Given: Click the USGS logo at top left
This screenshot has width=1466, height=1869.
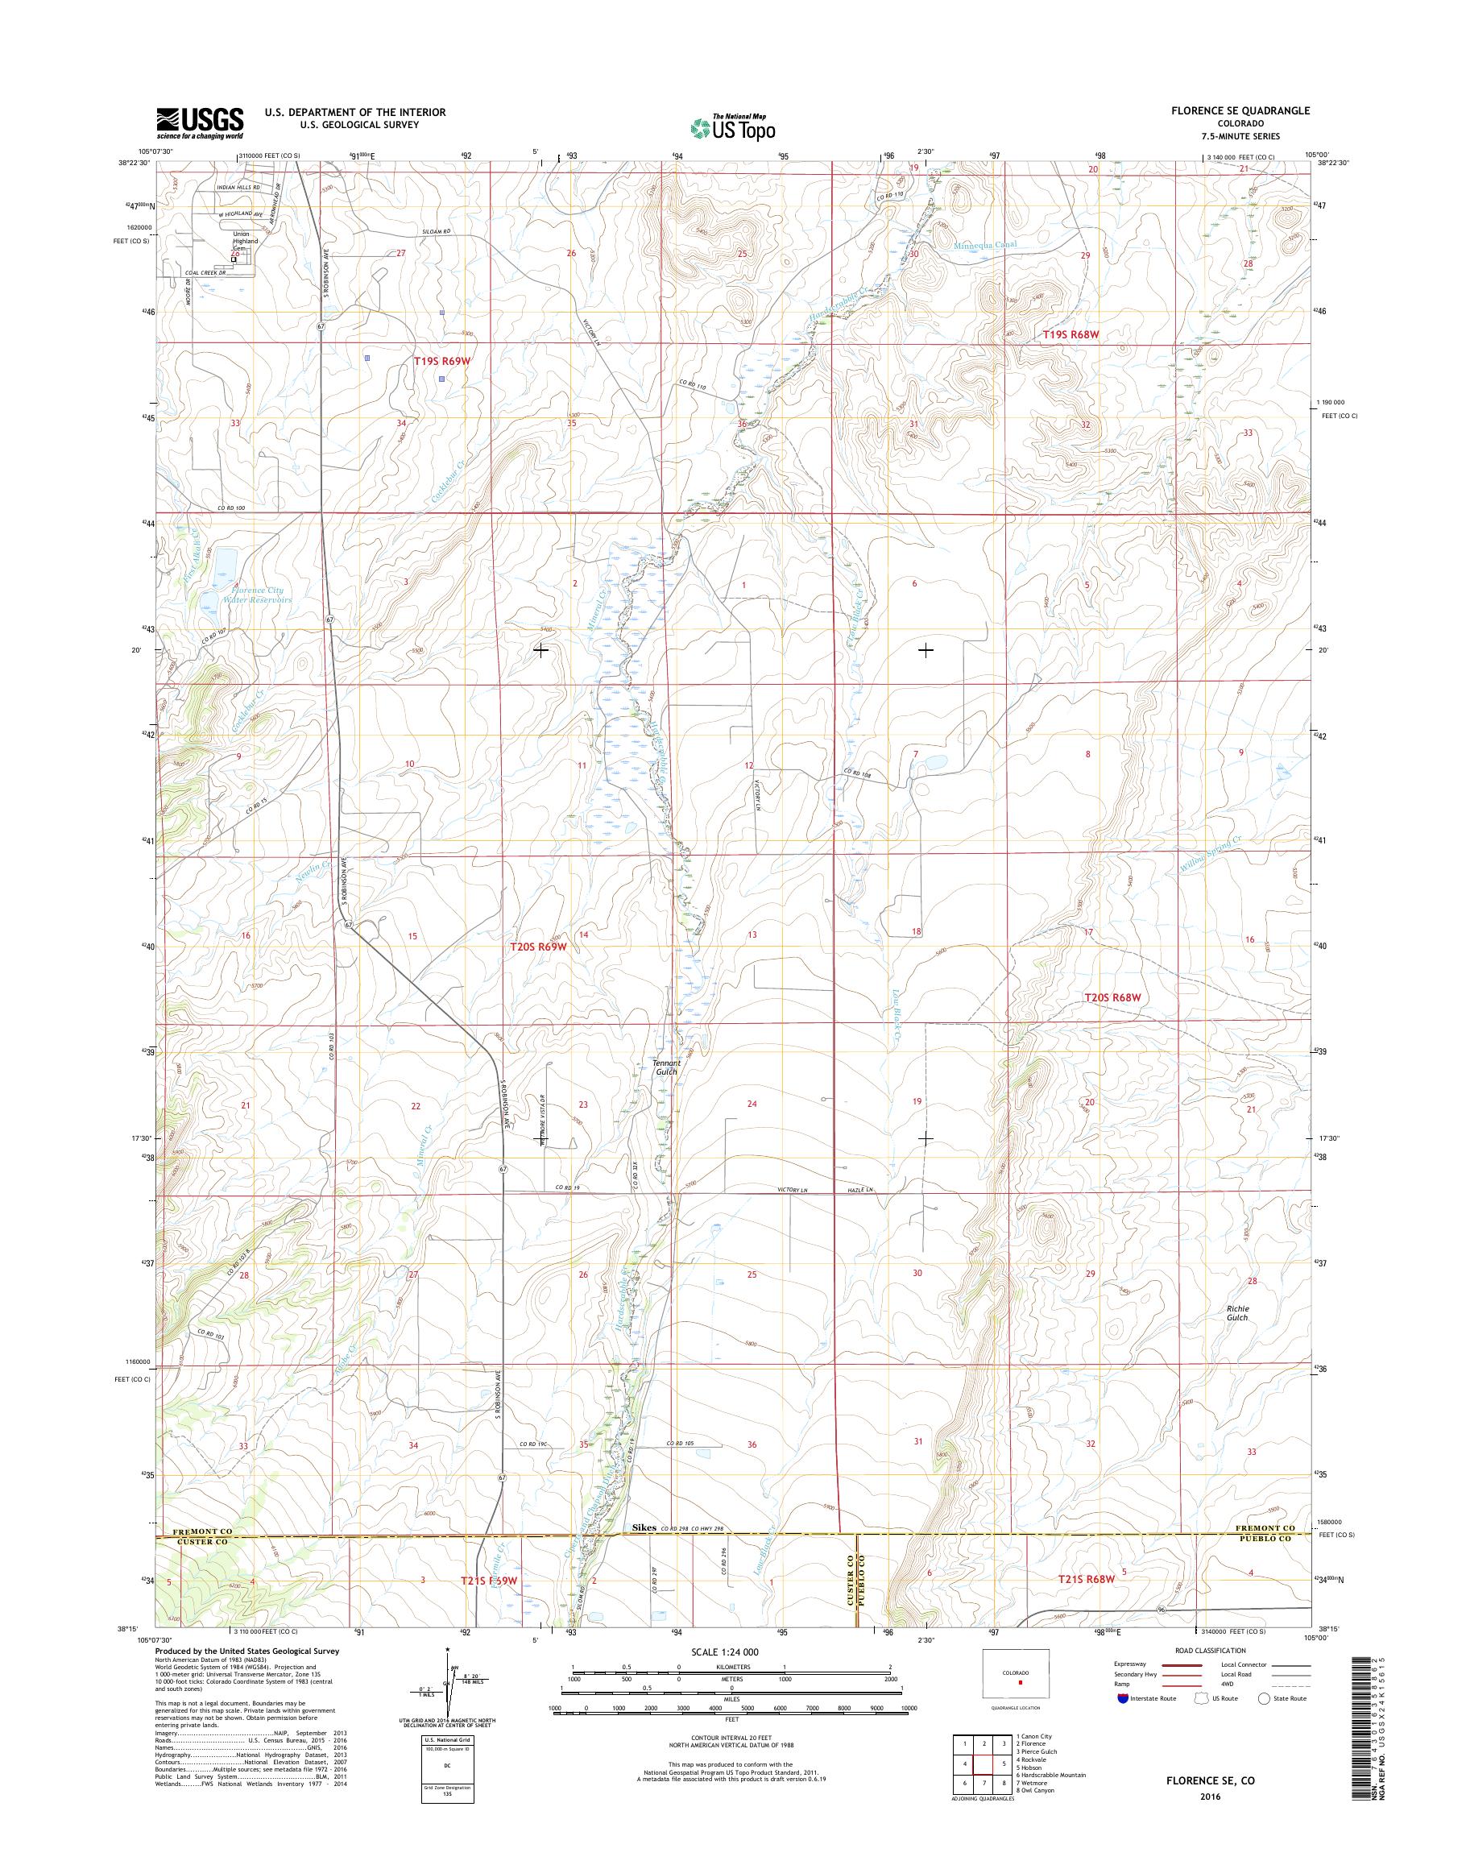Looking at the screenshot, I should (x=199, y=122).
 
